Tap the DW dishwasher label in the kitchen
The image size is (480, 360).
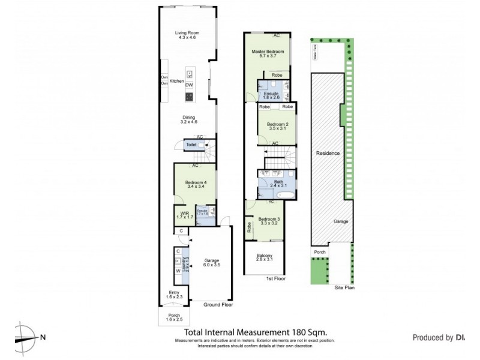189,85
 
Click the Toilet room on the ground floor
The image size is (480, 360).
191,145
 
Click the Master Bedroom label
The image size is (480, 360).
267,52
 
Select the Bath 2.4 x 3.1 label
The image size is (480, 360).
278,183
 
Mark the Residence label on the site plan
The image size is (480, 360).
328,154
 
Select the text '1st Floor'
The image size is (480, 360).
275,279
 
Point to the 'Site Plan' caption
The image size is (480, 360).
344,288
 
